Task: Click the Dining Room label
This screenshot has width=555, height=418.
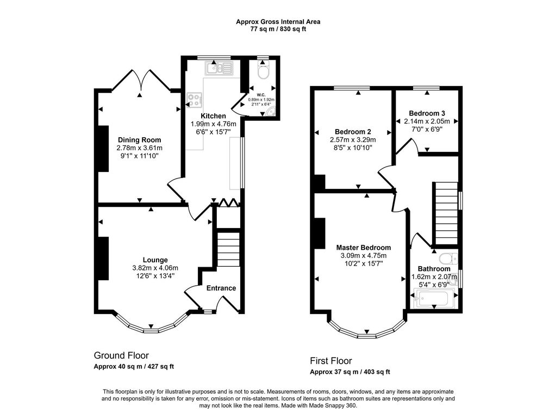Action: coord(140,140)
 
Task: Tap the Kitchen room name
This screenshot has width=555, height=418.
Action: coord(213,116)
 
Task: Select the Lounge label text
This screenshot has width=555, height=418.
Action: coord(155,260)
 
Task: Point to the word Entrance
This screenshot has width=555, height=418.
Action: coord(221,288)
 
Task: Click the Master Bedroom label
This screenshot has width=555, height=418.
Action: coord(364,248)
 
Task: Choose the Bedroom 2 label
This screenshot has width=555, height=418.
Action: coord(353,132)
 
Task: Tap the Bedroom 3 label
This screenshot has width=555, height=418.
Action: coord(427,113)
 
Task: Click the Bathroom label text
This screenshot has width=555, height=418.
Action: coord(434,269)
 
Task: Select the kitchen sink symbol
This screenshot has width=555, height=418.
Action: coord(219,67)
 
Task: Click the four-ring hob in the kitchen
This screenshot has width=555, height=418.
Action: coord(195,100)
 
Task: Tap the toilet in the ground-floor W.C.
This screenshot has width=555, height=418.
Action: coord(263,71)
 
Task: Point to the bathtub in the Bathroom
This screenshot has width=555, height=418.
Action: coord(434,298)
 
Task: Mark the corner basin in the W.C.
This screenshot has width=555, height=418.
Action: coord(271,112)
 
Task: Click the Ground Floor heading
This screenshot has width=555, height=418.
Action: coord(121,355)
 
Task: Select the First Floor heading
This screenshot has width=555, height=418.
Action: coord(331,361)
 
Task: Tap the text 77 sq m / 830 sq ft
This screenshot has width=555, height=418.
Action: coord(278,29)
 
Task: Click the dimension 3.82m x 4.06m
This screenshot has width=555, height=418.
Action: coord(155,268)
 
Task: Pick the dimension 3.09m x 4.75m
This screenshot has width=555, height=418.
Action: coord(364,256)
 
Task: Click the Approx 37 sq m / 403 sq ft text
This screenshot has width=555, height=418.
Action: coord(350,372)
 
